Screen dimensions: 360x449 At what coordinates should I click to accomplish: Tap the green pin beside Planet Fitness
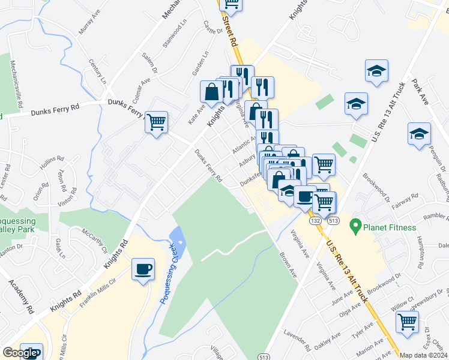[355, 227]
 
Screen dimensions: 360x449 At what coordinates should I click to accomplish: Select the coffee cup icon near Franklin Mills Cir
[143, 269]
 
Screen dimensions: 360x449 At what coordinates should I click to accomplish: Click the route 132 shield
[315, 221]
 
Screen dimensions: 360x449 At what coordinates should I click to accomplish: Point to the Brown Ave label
[288, 263]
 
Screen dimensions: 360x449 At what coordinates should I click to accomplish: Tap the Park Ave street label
[420, 91]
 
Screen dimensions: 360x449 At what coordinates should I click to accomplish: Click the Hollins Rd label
[52, 162]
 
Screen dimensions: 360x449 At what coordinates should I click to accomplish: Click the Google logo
[20, 353]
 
